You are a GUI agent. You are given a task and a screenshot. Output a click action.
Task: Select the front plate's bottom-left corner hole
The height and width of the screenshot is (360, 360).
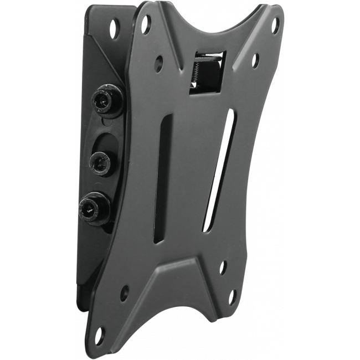[99, 335]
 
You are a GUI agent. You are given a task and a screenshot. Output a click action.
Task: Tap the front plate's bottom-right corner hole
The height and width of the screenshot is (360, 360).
[232, 297]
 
